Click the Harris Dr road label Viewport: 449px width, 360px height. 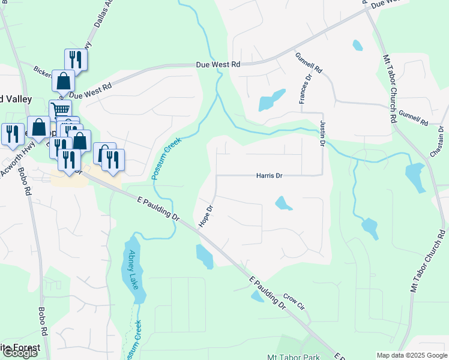269,176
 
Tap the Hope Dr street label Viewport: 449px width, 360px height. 205,217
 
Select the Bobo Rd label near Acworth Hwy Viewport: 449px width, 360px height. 27,185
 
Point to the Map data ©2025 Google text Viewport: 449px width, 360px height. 412,355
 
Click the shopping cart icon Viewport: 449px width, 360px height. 60,110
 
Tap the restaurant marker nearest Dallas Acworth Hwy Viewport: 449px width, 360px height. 76,59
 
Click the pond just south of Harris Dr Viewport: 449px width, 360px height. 283,204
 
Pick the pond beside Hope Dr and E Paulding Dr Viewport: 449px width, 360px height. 204,256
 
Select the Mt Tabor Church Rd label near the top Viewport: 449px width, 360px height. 390,89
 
